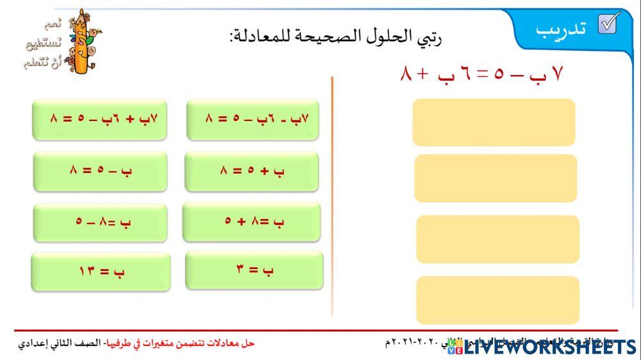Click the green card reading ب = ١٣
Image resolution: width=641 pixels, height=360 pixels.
point(101,272)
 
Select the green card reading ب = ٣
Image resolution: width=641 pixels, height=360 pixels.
point(254,270)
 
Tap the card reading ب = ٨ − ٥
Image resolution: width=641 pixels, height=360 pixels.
point(100,222)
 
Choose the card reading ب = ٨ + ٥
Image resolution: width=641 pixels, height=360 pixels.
point(251,222)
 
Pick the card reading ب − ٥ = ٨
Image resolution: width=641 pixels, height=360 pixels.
point(100,171)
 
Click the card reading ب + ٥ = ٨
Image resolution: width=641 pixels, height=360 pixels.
point(251,171)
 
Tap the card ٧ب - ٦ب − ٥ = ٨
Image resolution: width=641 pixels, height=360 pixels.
point(253,119)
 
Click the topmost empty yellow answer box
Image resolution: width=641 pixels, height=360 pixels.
point(494,122)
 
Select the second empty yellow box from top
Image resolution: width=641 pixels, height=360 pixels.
point(495,178)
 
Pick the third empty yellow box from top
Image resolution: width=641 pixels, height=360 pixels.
point(497,239)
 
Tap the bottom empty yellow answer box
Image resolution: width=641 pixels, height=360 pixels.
point(497,300)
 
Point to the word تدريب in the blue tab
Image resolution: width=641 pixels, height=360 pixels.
point(562,29)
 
